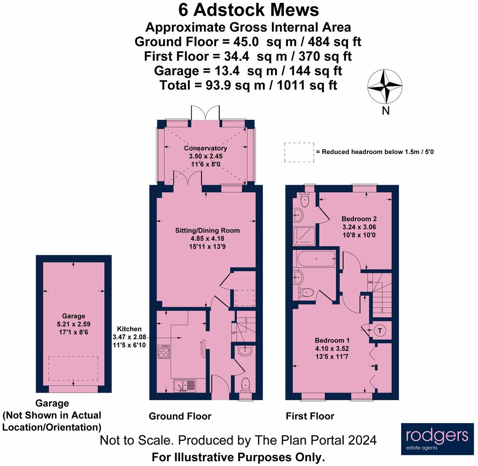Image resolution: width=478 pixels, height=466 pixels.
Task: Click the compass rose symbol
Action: click(x=385, y=86)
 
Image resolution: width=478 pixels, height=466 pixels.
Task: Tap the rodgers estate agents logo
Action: click(x=438, y=439)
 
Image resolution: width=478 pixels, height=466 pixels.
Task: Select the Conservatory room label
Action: click(x=205, y=148)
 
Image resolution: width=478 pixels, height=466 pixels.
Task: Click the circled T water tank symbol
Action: click(x=380, y=331)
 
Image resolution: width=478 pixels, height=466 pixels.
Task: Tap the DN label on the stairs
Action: click(x=370, y=282)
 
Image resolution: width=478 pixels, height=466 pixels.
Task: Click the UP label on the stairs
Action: click(x=234, y=333)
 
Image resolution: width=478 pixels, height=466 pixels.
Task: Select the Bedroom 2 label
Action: click(x=359, y=219)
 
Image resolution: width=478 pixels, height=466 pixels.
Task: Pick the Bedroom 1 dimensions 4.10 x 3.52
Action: click(x=332, y=348)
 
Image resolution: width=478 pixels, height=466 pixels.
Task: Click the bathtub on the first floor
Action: click(x=316, y=258)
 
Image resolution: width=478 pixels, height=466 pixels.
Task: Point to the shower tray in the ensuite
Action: click(x=304, y=236)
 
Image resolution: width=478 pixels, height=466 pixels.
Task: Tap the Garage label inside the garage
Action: click(x=73, y=316)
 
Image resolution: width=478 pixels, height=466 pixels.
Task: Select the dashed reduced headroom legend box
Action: click(x=299, y=152)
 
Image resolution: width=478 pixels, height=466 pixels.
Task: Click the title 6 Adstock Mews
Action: click(x=248, y=10)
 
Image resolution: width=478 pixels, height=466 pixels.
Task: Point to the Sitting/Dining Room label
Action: click(x=207, y=230)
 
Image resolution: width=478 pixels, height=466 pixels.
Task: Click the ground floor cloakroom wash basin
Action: click(x=245, y=351)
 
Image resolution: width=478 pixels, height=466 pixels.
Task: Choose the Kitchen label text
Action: click(x=129, y=329)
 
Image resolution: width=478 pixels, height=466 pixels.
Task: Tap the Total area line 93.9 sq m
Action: click(x=248, y=85)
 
